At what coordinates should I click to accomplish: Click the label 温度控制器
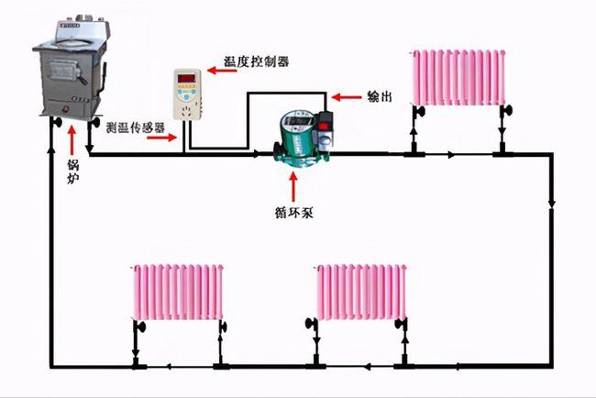pos(256,61)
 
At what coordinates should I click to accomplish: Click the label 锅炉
pos(72,171)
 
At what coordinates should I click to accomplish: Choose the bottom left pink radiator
pos(179,293)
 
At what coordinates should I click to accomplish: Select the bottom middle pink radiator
pos(362,292)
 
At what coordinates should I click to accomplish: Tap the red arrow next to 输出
pos(346,94)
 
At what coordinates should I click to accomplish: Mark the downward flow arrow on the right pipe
pos(552,201)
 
